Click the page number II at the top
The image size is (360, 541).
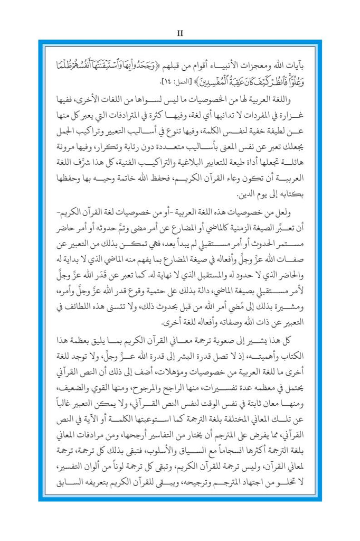tap(179, 33)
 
